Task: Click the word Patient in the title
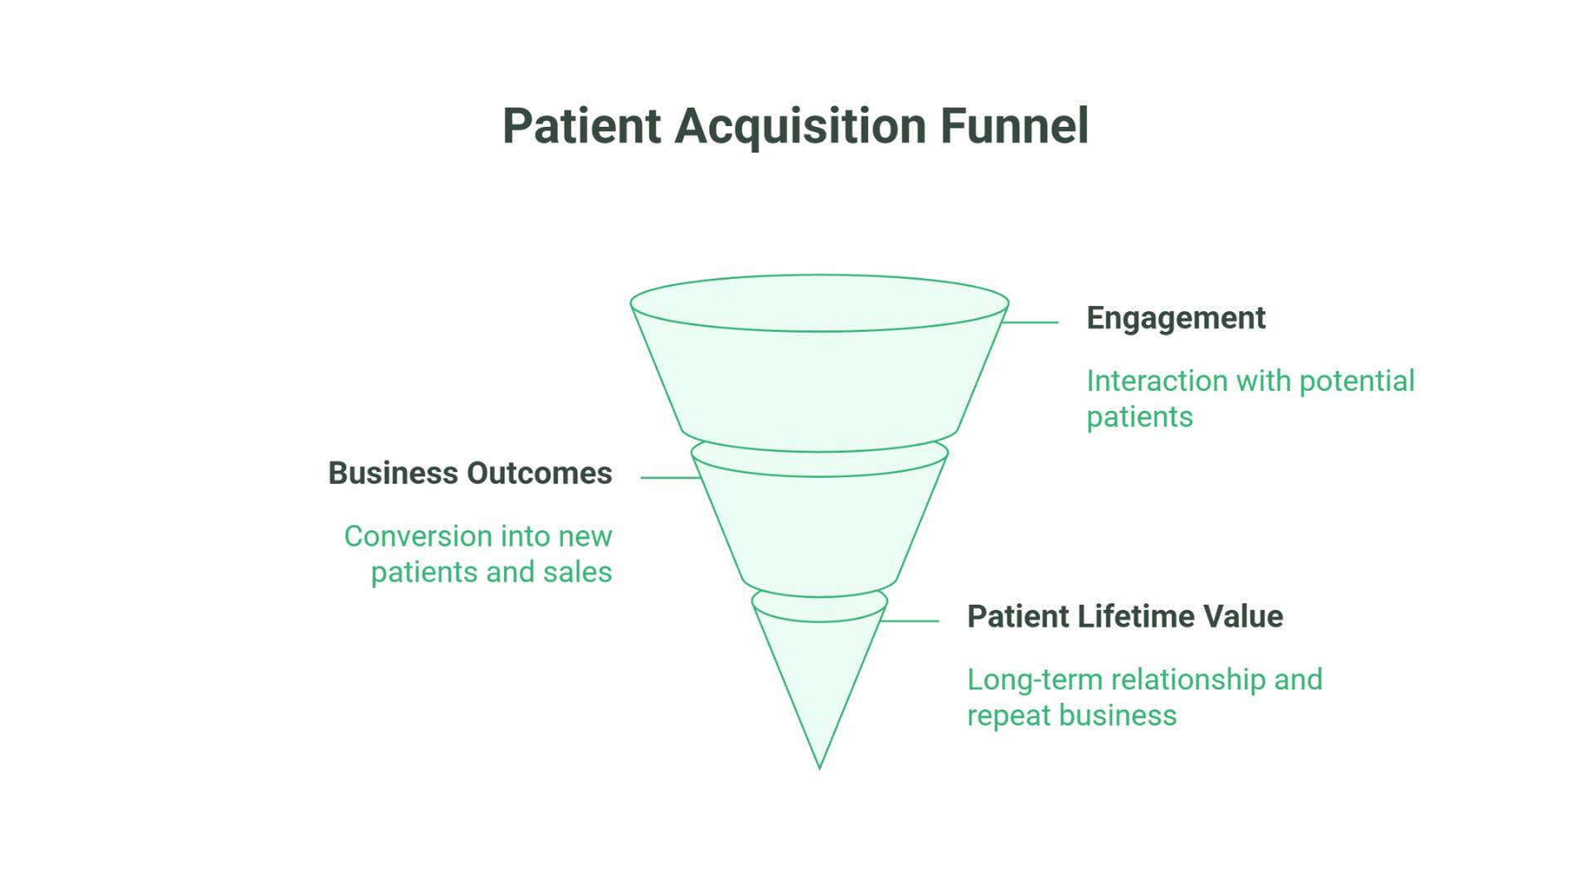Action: click(581, 126)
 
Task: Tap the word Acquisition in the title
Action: click(800, 126)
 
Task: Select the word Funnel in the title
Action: click(1013, 126)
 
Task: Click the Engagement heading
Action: click(1175, 319)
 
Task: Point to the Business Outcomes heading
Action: click(470, 474)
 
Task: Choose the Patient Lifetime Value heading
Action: click(1124, 617)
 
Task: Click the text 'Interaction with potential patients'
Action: click(1250, 399)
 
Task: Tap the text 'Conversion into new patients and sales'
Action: click(478, 554)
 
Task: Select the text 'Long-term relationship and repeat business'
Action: click(1144, 698)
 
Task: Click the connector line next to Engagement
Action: click(1031, 322)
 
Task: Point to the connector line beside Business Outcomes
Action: click(670, 478)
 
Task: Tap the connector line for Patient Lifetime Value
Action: click(910, 621)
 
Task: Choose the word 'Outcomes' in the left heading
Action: click(540, 474)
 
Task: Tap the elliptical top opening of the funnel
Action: click(819, 303)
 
